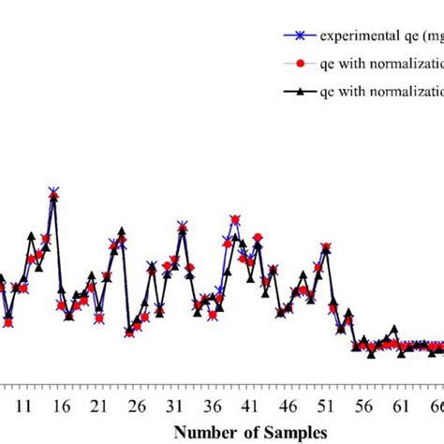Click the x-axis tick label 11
pyautogui.click(x=23, y=407)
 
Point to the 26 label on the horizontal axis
pyautogui.click(x=137, y=407)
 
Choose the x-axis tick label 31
pyautogui.click(x=174, y=407)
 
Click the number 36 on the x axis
pyautogui.click(x=212, y=407)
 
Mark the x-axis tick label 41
pyautogui.click(x=250, y=407)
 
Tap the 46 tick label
pyautogui.click(x=288, y=407)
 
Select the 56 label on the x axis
pyautogui.click(x=363, y=407)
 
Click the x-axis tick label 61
pyautogui.click(x=401, y=407)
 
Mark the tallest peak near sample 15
pyautogui.click(x=53, y=192)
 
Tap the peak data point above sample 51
pyautogui.click(x=326, y=247)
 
